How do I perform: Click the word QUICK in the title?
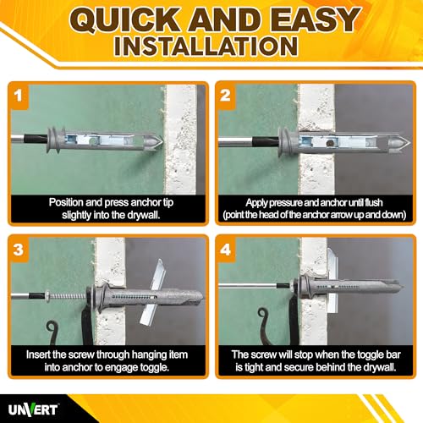(x=124, y=19)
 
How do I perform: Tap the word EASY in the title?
(x=316, y=19)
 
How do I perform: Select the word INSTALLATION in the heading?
(x=206, y=47)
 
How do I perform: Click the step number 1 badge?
(x=19, y=96)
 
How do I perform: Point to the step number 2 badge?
(x=226, y=96)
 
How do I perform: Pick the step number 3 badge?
(x=19, y=250)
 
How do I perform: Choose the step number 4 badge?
(x=226, y=250)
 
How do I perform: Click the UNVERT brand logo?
(x=32, y=409)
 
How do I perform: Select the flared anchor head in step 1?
(x=54, y=140)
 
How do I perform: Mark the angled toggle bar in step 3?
(x=153, y=291)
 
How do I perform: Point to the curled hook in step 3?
(x=52, y=332)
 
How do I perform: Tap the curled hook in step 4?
(x=265, y=324)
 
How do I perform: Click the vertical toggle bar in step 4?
(x=332, y=280)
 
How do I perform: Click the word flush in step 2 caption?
(x=374, y=203)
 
